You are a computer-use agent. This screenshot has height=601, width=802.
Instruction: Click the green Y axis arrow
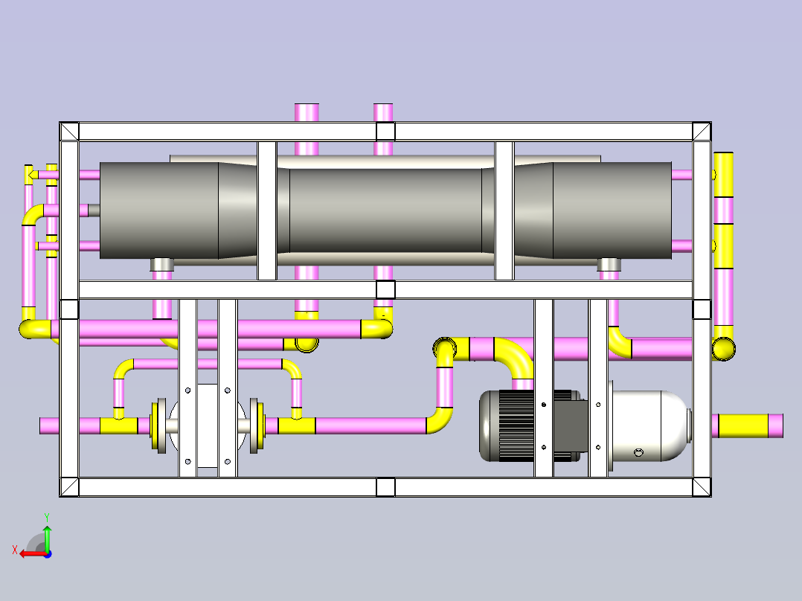[47, 538]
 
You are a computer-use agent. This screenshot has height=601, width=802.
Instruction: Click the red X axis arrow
[33, 554]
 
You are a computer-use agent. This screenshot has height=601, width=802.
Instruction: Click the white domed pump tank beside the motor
[649, 425]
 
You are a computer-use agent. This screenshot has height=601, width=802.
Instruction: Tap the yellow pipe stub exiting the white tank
[743, 425]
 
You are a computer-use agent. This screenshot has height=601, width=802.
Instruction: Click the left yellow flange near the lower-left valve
[155, 425]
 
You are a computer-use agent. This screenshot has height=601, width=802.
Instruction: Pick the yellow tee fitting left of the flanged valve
[119, 422]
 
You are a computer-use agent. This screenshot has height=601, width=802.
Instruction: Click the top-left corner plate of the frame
[69, 132]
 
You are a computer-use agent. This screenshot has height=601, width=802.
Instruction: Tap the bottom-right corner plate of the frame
[702, 487]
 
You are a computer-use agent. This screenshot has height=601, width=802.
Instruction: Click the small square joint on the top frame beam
[385, 132]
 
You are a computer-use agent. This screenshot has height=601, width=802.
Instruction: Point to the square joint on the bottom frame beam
[385, 487]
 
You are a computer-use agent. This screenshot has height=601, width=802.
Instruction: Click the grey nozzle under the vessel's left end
[162, 265]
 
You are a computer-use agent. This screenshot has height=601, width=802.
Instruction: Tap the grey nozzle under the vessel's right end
[609, 265]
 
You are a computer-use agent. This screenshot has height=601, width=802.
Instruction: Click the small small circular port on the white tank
[638, 453]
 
